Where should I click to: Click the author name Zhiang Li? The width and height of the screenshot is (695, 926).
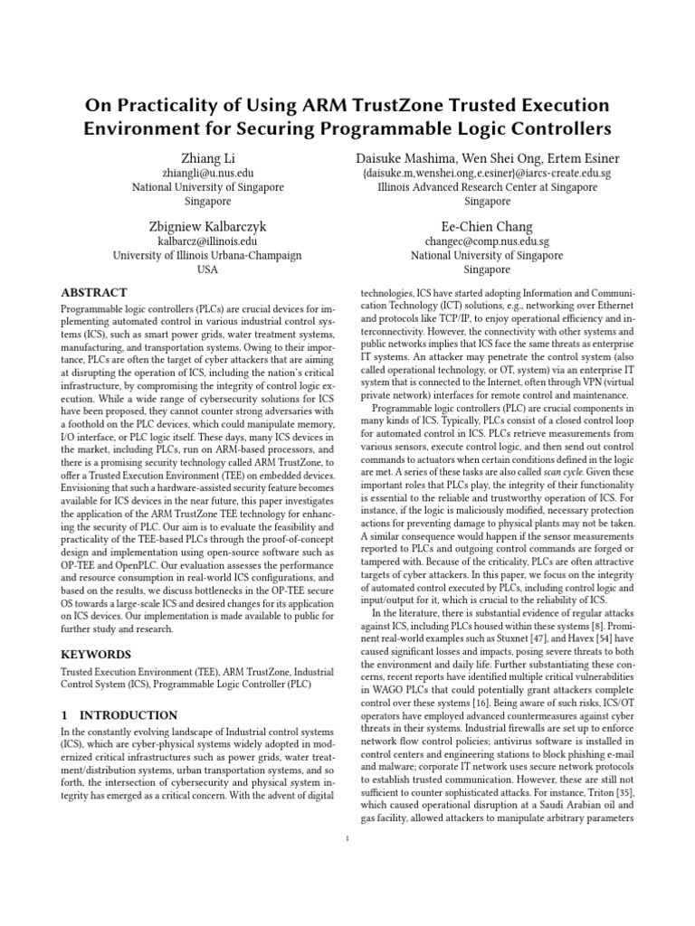pos(207,158)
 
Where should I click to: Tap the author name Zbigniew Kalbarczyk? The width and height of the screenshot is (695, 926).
pos(207,226)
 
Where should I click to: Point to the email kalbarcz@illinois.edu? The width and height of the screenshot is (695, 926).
pos(207,241)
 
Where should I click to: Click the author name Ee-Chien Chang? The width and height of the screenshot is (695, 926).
pos(487,226)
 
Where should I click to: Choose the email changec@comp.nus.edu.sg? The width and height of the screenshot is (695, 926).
pos(487,241)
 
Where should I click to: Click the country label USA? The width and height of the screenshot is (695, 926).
pos(207,269)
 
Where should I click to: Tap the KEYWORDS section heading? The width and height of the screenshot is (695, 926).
pos(95,653)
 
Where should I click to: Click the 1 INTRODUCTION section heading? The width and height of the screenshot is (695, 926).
pos(119,714)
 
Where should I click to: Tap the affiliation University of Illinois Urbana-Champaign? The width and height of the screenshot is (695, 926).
pos(207,256)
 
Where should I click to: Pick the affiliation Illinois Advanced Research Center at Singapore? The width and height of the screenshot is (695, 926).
pos(487,187)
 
